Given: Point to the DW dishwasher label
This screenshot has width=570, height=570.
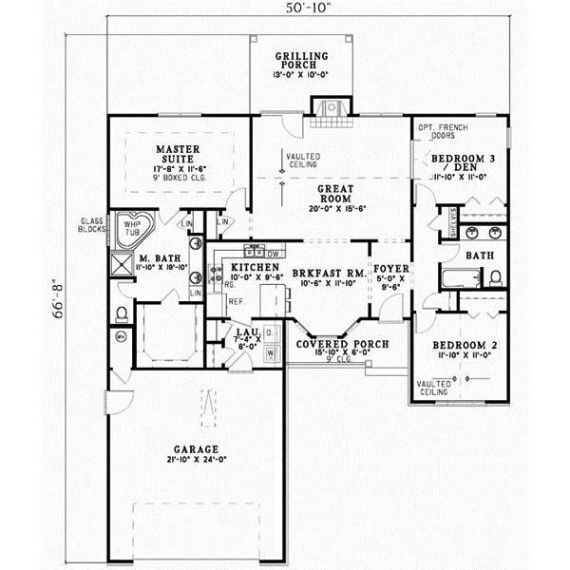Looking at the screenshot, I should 272,254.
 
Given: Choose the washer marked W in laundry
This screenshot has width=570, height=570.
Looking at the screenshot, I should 270,352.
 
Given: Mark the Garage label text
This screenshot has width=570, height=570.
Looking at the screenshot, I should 197,448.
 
